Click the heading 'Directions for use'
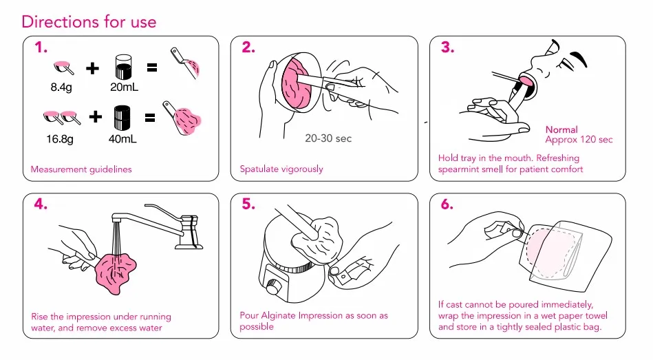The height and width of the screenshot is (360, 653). click(89, 21)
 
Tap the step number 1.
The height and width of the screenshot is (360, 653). click(41, 47)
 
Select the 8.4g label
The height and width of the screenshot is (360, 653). click(61, 87)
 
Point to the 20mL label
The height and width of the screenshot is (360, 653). click(124, 87)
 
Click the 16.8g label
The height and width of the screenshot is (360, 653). click(60, 139)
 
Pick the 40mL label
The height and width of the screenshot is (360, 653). click(122, 139)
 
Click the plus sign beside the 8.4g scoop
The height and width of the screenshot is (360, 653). click(92, 68)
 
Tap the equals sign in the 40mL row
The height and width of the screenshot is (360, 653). click(150, 118)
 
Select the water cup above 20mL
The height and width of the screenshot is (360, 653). click(123, 67)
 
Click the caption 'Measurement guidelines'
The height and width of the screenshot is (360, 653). click(81, 169)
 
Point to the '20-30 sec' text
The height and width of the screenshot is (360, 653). click(328, 138)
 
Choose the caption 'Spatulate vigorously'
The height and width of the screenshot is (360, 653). click(281, 169)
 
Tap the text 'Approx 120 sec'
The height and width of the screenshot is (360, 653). click(579, 140)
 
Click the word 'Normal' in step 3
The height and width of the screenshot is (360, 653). click(561, 129)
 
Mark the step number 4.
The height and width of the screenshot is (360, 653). click(41, 204)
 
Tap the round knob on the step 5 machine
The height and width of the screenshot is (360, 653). click(273, 288)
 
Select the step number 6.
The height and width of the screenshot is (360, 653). click(447, 204)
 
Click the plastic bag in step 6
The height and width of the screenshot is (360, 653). click(565, 254)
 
